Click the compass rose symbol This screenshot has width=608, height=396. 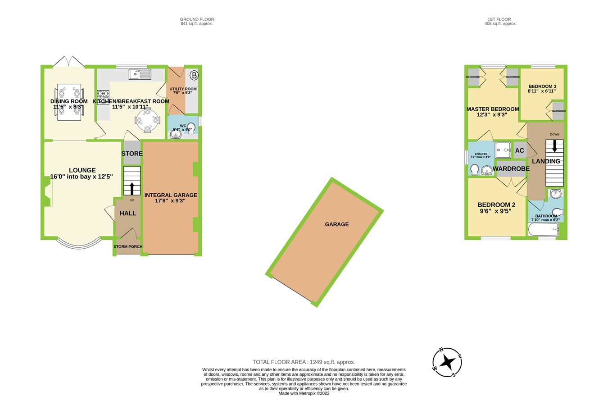point(447,362)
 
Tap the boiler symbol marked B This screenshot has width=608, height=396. point(194,75)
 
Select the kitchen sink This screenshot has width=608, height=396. point(140,74)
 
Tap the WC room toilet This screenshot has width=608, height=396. point(191,127)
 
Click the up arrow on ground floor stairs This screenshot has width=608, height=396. point(132,188)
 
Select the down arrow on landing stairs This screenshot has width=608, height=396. point(554,146)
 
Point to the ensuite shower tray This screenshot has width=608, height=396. point(503,150)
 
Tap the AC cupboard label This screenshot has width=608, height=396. point(520,151)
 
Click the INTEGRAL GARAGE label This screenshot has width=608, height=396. point(171,195)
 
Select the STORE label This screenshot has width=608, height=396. point(132,154)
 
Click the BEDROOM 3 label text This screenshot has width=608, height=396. point(542,86)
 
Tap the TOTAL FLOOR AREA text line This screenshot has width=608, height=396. point(304,362)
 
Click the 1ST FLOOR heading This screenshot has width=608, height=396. point(499,19)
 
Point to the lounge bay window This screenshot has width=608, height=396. point(79,244)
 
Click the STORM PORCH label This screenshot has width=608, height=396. point(128,246)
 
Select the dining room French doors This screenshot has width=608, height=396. point(68,62)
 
